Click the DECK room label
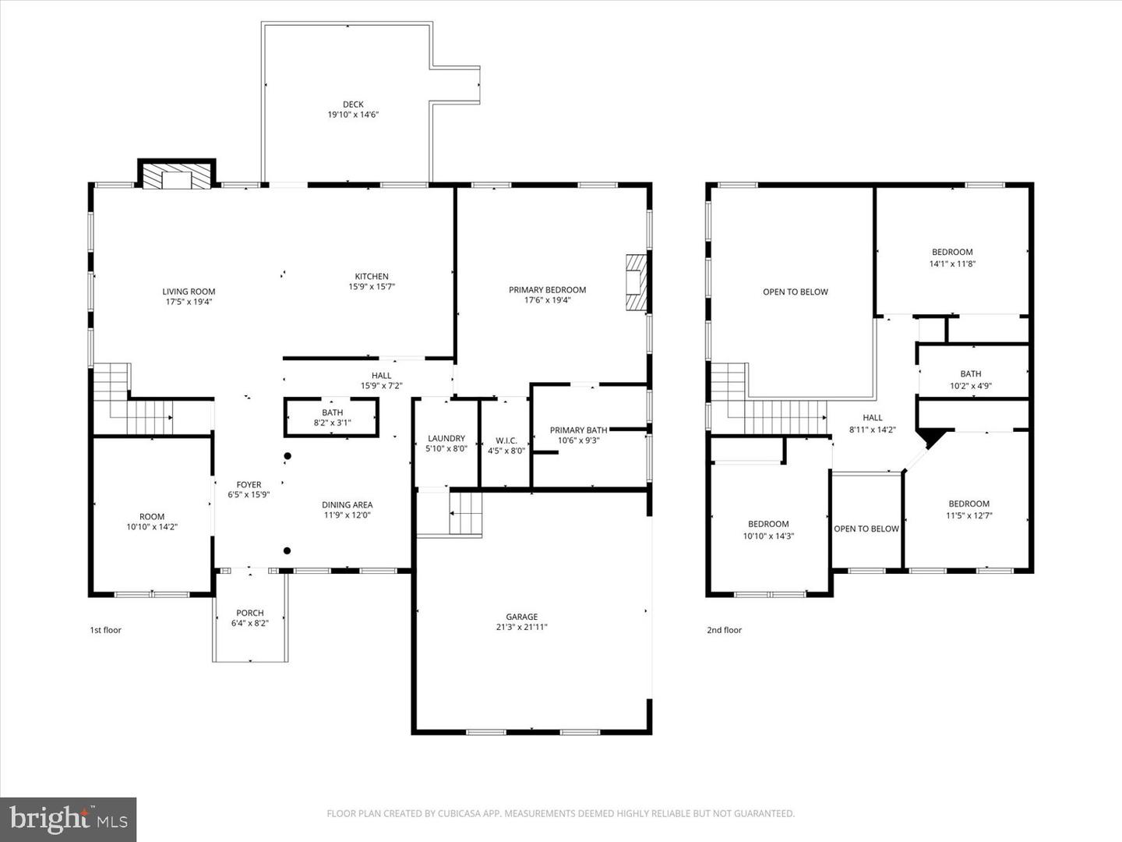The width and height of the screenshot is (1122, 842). click(x=353, y=104)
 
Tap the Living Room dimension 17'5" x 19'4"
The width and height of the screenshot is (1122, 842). click(x=189, y=302)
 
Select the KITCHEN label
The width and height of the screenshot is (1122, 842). click(x=372, y=276)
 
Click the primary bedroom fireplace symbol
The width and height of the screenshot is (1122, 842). click(x=637, y=281)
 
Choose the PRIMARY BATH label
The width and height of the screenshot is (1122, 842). click(x=578, y=430)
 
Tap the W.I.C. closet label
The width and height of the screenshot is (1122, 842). click(x=506, y=440)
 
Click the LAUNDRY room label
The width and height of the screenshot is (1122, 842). click(x=446, y=438)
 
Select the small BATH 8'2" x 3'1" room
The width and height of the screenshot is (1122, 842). click(x=332, y=418)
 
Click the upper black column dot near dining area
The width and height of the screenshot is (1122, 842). click(x=288, y=456)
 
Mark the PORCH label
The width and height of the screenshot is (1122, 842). click(x=250, y=613)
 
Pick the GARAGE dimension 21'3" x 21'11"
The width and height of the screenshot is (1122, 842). click(x=521, y=627)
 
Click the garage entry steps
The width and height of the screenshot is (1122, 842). click(x=465, y=514)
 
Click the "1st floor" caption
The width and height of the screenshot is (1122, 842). click(x=106, y=630)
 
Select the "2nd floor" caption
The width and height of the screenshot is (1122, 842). click(x=724, y=630)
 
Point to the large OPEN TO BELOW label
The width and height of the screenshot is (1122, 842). click(x=795, y=292)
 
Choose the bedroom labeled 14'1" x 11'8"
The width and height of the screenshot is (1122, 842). click(x=952, y=257)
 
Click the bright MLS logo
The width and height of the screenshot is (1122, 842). click(x=69, y=819)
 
